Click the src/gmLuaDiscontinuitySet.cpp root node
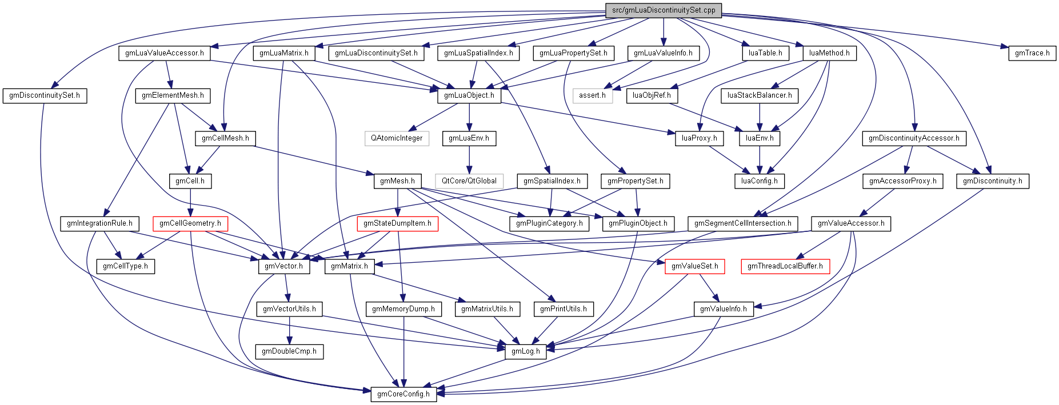click(x=663, y=10)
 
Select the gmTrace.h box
click(x=1032, y=53)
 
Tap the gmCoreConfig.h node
click(x=403, y=394)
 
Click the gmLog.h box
click(x=525, y=351)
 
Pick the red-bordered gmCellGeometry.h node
click(x=190, y=223)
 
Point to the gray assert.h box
click(x=592, y=95)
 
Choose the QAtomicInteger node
click(x=397, y=138)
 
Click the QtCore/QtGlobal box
click(x=469, y=181)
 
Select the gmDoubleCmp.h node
click(x=289, y=351)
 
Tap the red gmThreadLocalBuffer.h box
click(x=785, y=266)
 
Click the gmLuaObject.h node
click(x=469, y=95)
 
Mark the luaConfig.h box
click(x=759, y=181)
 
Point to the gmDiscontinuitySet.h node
click(x=45, y=95)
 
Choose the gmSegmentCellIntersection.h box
click(x=742, y=223)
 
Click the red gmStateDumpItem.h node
click(x=397, y=223)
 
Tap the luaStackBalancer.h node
click(x=760, y=95)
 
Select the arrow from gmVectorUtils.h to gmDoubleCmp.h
click(x=289, y=330)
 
